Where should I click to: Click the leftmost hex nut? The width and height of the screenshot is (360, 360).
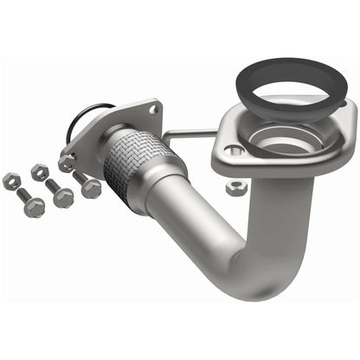pos(11,180)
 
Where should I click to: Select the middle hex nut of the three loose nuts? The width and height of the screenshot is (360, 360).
pos(40,172)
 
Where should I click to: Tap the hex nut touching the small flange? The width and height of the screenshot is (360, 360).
pos(67,163)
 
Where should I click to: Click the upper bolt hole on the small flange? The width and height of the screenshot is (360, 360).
pos(154,111)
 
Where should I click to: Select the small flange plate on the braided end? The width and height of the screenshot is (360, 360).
pos(112,130)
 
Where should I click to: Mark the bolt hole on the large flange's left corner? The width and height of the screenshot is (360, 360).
pos(230,150)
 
